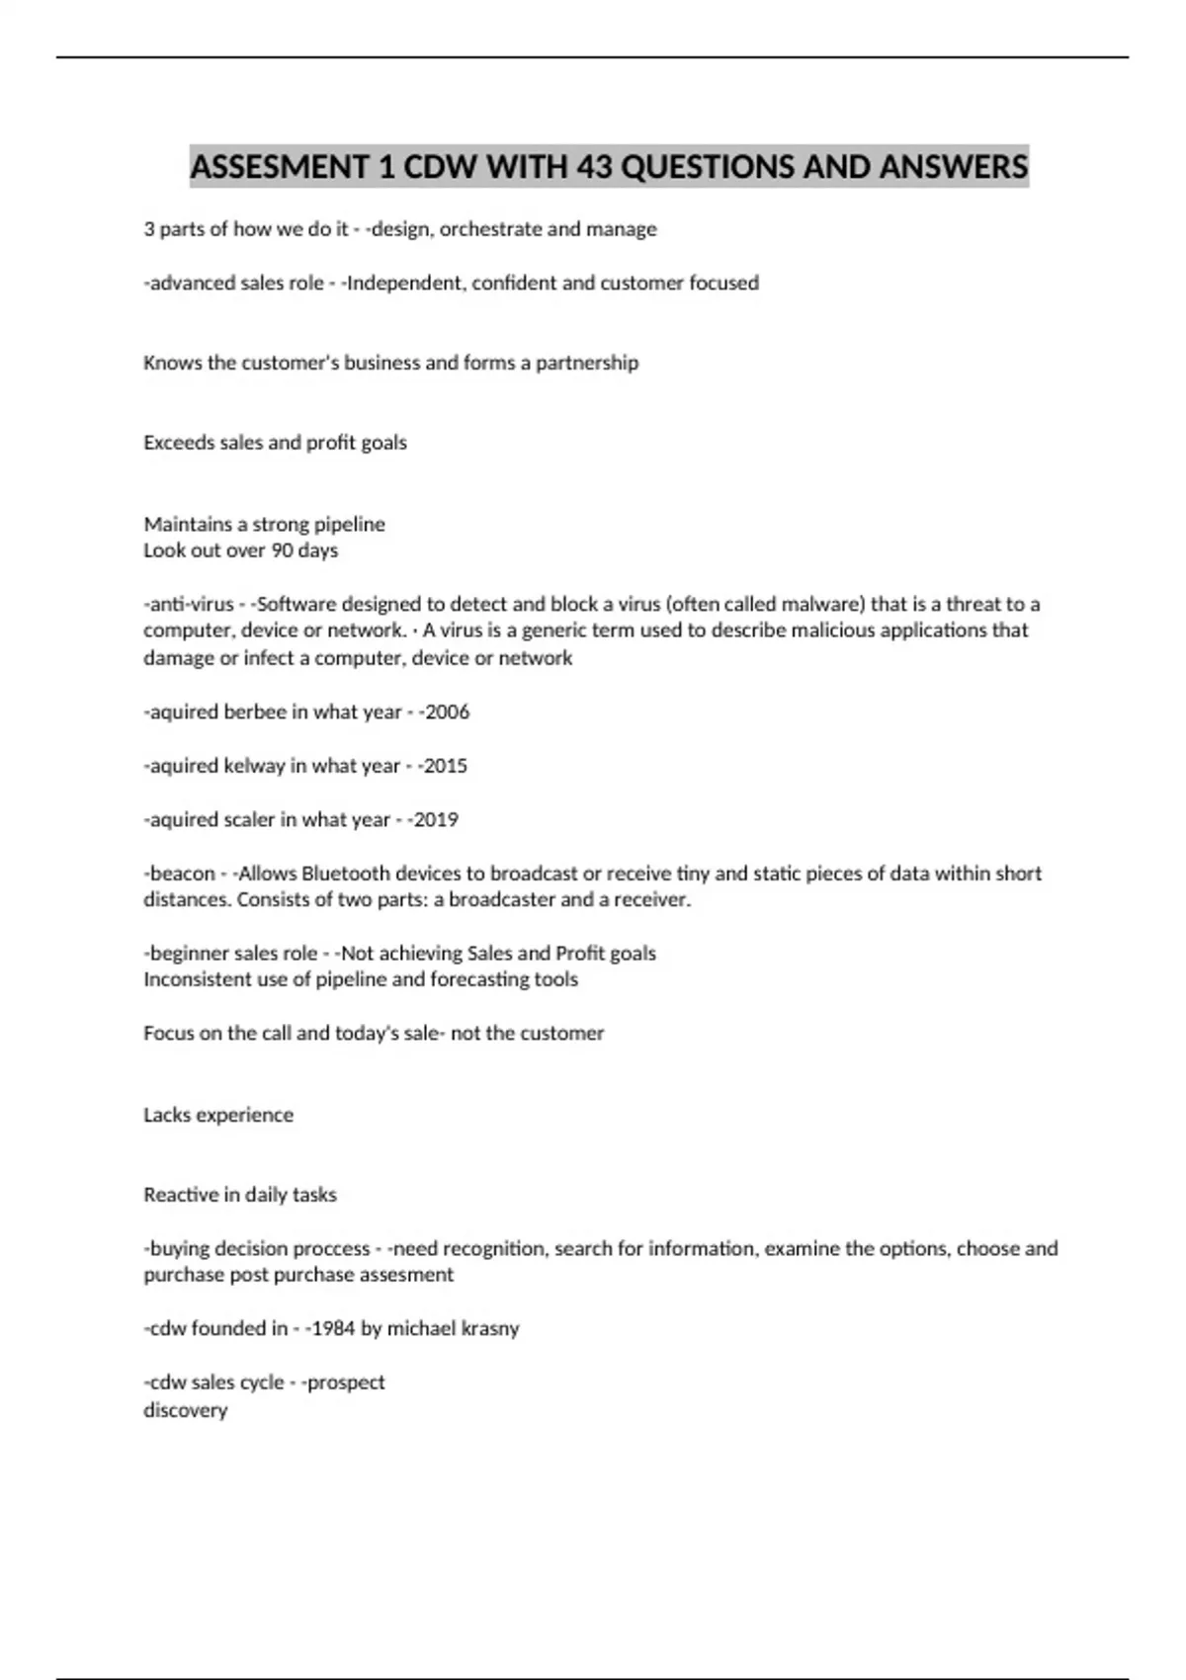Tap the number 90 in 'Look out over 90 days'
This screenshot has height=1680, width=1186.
tap(282, 550)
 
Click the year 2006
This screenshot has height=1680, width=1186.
tap(447, 712)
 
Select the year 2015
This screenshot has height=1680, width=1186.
tap(445, 766)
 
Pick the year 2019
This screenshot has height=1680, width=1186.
tap(436, 819)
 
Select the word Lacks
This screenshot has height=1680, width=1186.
tap(167, 1115)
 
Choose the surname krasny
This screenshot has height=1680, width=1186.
tap(486, 1329)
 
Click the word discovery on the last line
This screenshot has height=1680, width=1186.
tap(186, 1410)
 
